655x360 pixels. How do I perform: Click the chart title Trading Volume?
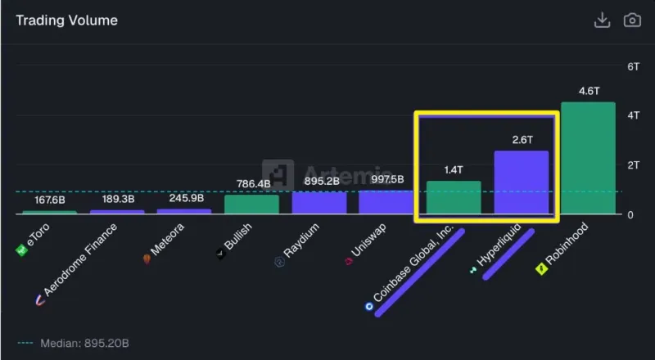[x=66, y=20]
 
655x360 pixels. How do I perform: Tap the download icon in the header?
[x=602, y=20]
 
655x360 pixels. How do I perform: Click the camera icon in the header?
[x=632, y=20]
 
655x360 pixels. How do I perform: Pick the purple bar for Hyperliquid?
[x=521, y=182]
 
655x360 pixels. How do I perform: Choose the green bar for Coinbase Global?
[x=454, y=197]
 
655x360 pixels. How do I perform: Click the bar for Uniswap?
[x=386, y=202]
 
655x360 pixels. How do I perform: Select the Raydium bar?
[x=319, y=203]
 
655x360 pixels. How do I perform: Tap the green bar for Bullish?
[x=252, y=205]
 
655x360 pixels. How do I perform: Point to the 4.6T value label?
[x=588, y=91]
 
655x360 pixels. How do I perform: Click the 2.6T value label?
[x=521, y=140]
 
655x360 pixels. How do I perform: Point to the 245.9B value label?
[x=185, y=198]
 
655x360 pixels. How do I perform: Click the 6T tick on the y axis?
[x=610, y=66]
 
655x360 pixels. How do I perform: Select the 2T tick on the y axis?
[x=610, y=165]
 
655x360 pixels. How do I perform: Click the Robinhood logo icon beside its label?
[x=541, y=268]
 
